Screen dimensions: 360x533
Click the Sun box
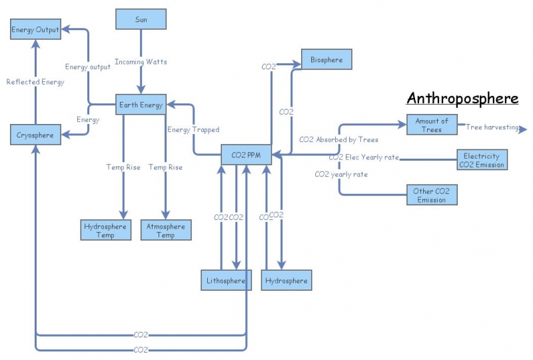tap(141, 19)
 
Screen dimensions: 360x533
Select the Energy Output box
tap(35, 29)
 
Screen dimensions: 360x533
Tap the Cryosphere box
tap(35, 134)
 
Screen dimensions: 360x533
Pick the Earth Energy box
tap(141, 105)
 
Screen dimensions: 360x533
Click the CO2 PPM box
tap(246, 155)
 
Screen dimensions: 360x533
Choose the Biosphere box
tap(326, 59)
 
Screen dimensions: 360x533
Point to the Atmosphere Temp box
tap(166, 230)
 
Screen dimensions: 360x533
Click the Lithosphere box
tap(226, 281)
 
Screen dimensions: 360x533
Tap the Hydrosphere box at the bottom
tap(286, 281)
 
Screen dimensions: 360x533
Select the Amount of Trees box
tap(432, 125)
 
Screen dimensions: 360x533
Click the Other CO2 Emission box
tap(432, 195)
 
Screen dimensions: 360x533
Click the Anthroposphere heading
tap(462, 99)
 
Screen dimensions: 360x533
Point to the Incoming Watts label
tap(141, 62)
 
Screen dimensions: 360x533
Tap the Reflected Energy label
tap(35, 82)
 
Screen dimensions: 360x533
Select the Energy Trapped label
tap(193, 129)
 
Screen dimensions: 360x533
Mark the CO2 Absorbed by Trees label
tap(339, 140)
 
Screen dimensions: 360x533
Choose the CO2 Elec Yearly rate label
tap(364, 158)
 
